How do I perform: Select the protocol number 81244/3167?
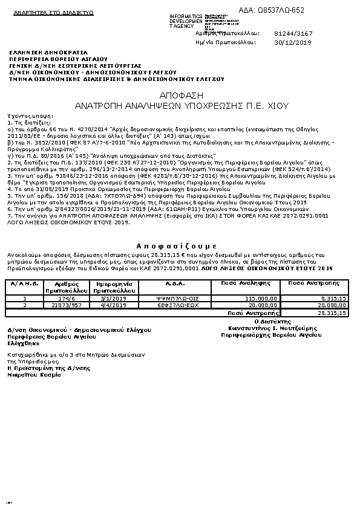293,34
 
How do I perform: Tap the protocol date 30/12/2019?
292,43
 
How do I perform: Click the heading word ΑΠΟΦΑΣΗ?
180,96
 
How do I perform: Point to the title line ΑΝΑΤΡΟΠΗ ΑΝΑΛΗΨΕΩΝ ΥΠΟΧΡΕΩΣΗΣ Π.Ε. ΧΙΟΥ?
180,105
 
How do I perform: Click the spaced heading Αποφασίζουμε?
176,246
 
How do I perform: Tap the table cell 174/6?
66,298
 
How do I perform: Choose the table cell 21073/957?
66,305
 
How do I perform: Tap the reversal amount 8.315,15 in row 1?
334,298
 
